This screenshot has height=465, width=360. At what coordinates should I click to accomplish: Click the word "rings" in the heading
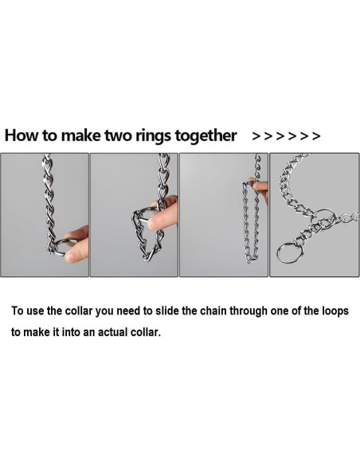point(153,136)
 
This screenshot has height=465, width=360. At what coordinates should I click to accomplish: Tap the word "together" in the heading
point(205,136)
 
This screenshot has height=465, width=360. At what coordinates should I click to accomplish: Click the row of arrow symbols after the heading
point(286,136)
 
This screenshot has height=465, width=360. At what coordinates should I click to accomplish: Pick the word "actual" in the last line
point(112,332)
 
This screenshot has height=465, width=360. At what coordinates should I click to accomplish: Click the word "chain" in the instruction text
point(213,311)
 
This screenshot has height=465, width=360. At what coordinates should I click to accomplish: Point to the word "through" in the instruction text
point(248,311)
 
